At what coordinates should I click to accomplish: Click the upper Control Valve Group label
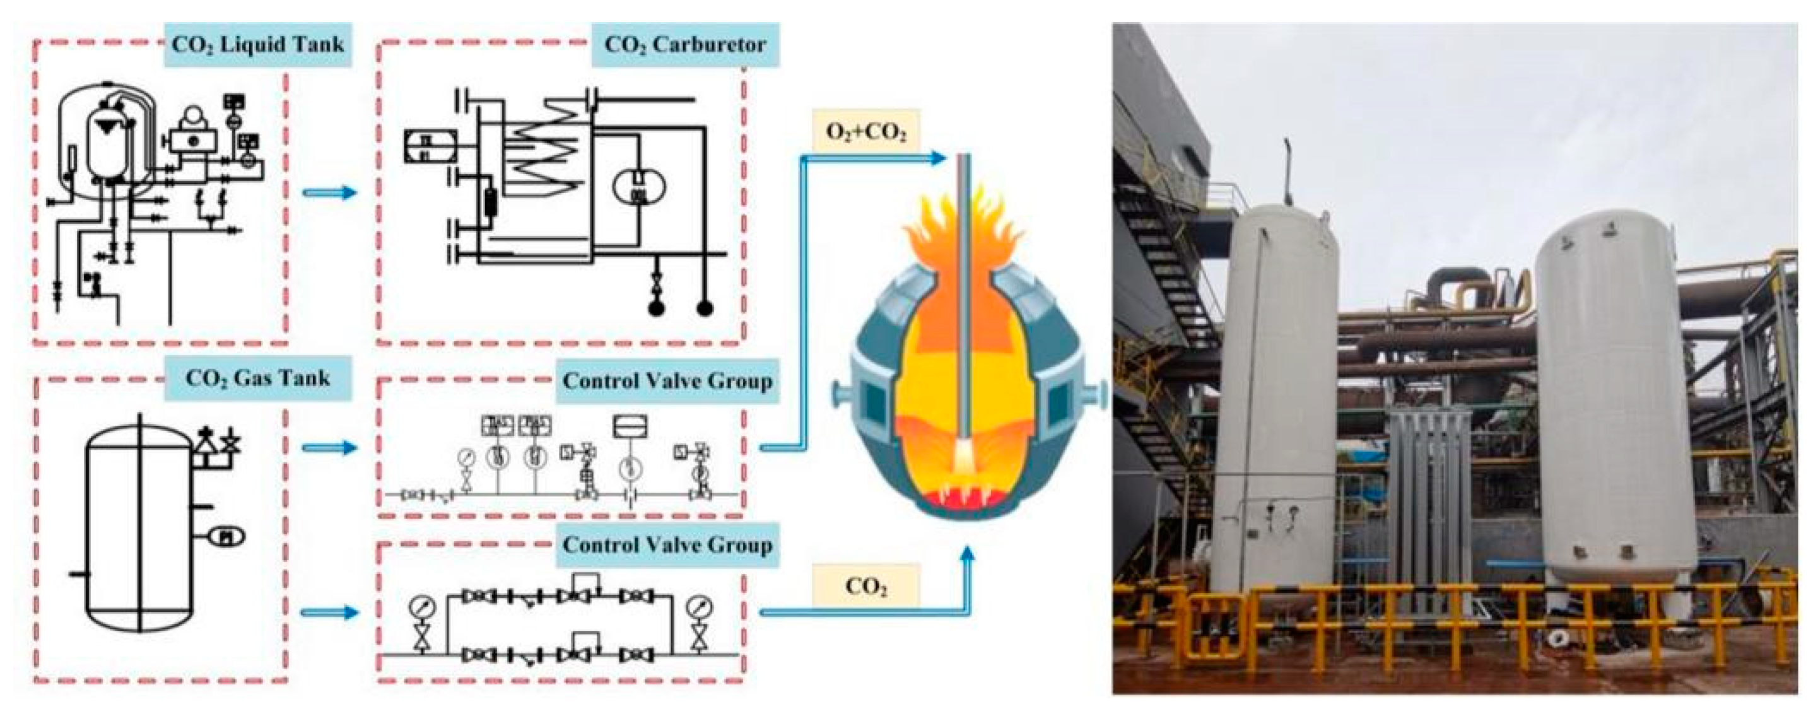[667, 381]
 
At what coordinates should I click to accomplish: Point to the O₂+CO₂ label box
[866, 132]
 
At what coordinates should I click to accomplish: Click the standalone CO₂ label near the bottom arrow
[866, 586]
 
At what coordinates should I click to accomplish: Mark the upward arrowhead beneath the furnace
[968, 555]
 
